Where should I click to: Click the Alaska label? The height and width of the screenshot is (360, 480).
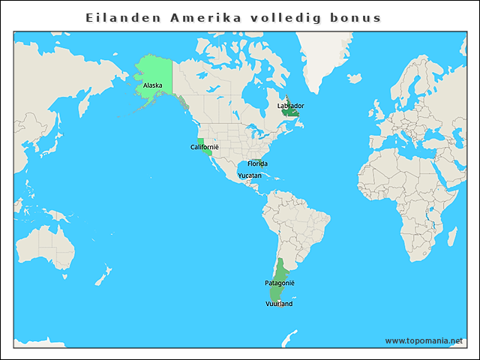152,85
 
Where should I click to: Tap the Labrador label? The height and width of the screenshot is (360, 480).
290,106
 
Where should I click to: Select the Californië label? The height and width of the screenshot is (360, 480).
204,147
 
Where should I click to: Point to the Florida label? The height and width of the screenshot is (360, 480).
257,163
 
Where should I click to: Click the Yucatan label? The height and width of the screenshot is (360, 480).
250,175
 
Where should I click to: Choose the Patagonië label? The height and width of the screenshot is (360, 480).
280,283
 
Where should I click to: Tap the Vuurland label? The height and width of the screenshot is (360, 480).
279,304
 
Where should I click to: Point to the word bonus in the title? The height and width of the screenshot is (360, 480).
358,17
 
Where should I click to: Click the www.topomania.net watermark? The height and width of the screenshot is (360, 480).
424,340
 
